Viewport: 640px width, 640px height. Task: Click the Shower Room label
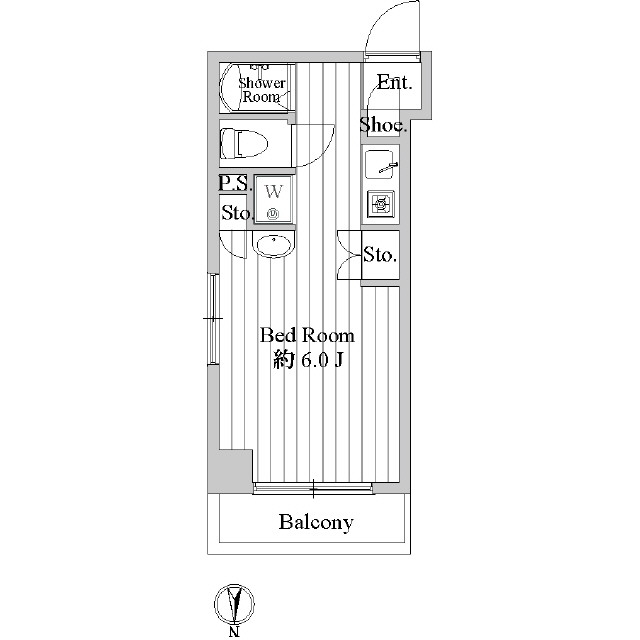262,90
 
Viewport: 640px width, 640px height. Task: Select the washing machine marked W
273,199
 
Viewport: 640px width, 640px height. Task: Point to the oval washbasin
272,244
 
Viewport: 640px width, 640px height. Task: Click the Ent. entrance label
394,83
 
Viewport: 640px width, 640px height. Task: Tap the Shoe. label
383,125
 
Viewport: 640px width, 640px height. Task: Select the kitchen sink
380,163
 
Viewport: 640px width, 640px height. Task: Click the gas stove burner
381,203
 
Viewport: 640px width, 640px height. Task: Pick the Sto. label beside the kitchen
380,255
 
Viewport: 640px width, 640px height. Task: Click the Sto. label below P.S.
236,212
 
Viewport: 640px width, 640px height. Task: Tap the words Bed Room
306,335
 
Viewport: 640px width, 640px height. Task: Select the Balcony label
316,522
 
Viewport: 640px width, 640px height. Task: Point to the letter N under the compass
235,631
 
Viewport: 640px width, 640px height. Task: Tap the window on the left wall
212,319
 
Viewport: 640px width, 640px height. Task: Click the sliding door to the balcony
313,489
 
